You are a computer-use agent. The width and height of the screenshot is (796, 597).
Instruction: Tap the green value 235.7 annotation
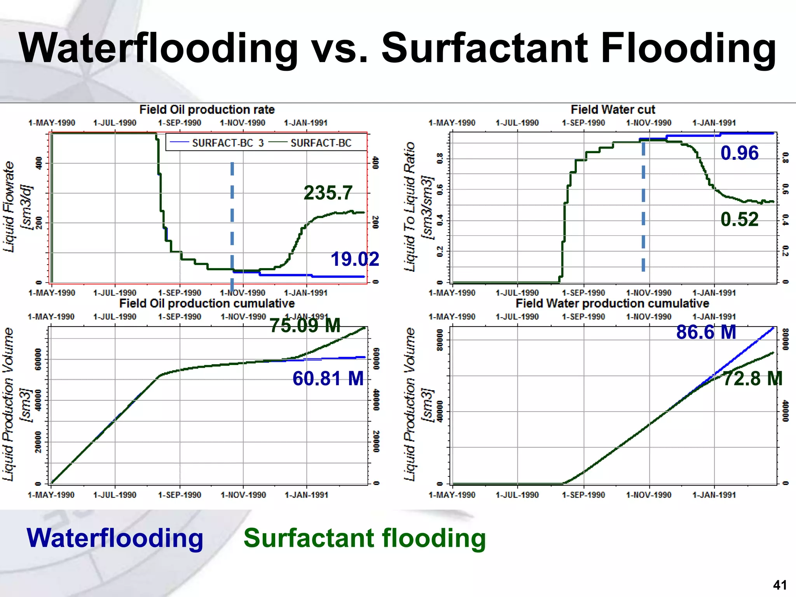coord(328,192)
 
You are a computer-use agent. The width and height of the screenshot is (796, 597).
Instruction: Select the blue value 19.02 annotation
coord(354,259)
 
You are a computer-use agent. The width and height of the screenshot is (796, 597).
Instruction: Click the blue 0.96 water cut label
coord(739,153)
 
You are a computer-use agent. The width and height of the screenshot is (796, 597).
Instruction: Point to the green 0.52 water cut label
coord(739,219)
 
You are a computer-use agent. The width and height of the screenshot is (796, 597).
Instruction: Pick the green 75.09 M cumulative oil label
coord(305,325)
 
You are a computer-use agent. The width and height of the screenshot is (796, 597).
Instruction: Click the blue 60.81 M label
coord(328,378)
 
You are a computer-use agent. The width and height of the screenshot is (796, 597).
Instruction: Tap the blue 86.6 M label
coord(706,332)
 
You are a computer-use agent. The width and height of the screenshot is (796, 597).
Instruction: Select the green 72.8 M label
coord(752,378)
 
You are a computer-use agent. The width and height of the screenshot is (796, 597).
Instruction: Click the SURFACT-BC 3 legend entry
coord(217,143)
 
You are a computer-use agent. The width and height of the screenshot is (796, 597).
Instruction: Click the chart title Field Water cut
coord(613,110)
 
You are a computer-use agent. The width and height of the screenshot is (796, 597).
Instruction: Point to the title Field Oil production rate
coord(207,110)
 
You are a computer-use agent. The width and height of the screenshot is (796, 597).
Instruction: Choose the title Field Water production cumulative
coord(612,303)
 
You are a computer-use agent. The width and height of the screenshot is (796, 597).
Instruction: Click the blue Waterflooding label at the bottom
coord(115,538)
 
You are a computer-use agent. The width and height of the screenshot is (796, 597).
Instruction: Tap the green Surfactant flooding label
coord(364,538)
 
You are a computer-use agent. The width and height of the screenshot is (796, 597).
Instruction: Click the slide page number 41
coord(780,585)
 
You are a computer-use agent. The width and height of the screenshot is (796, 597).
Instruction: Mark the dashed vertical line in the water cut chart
coord(643,206)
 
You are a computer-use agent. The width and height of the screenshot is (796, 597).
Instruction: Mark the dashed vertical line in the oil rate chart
coord(232,218)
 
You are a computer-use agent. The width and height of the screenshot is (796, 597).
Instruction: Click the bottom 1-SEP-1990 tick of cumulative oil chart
coord(180,495)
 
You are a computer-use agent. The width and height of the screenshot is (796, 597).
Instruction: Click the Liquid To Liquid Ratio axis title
coord(410,207)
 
